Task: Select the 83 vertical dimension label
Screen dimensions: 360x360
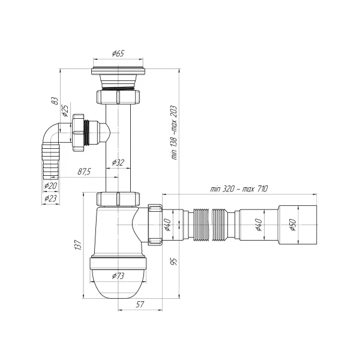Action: (53, 101)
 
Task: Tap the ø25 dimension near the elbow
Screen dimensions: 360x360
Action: (65, 112)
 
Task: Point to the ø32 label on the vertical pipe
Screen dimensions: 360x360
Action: (118, 163)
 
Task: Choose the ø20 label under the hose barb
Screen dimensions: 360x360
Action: (50, 185)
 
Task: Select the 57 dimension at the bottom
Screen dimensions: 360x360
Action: (139, 305)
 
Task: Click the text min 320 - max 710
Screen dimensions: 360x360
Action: (235, 189)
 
